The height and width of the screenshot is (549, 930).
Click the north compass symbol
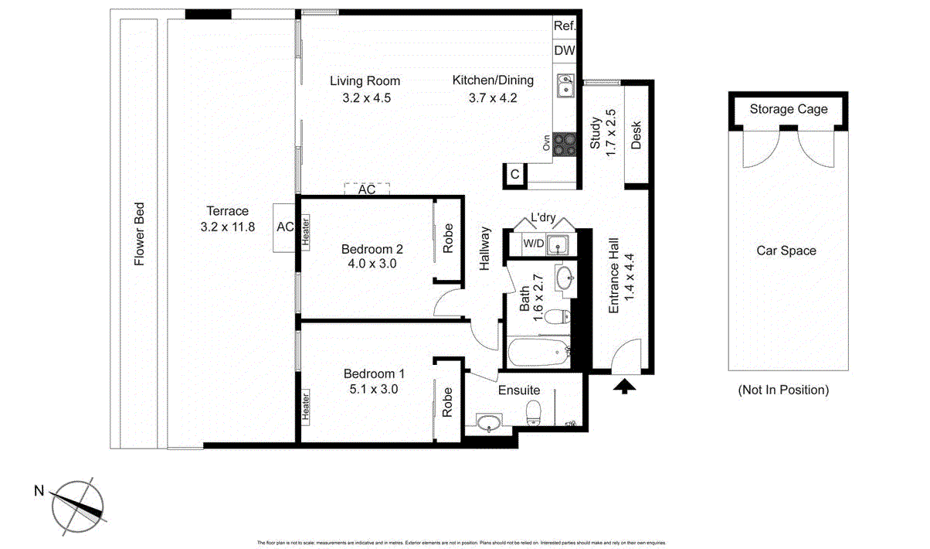(77, 503)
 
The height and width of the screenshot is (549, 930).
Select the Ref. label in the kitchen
(564, 26)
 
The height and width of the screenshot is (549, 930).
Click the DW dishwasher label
(564, 51)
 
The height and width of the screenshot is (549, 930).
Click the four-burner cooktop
(565, 143)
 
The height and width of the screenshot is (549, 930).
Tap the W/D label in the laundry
(533, 244)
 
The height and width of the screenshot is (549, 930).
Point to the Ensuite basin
(488, 422)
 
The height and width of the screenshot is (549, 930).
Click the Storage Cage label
(788, 109)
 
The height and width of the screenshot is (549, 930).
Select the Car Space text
(786, 251)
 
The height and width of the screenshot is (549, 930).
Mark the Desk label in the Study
(636, 135)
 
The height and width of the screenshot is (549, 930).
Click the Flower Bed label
(140, 234)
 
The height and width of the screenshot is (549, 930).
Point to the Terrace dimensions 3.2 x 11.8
(227, 227)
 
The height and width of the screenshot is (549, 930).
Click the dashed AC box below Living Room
(366, 189)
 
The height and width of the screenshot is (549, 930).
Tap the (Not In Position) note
(782, 390)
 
